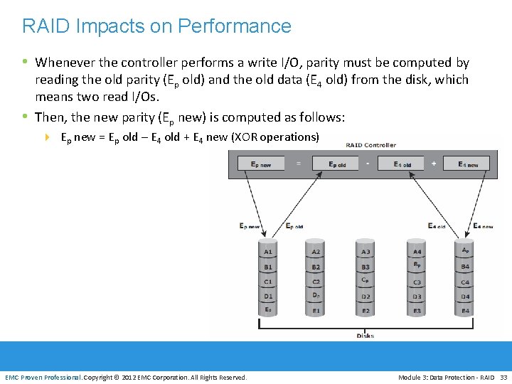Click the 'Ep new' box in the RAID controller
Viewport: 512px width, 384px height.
(261, 164)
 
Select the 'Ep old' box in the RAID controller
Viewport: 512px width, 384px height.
(338, 164)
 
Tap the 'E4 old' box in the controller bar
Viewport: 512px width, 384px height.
(402, 164)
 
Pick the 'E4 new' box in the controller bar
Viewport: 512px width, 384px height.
(468, 164)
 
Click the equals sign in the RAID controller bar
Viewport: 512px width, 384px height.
(299, 164)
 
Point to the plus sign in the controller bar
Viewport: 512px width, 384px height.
(434, 164)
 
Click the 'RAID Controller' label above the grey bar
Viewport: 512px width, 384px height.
(370, 145)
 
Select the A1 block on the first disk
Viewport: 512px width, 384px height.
(268, 252)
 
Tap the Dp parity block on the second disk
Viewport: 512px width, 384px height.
(316, 295)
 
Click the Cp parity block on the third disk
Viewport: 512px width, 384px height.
(365, 279)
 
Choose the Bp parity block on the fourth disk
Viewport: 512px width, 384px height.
(417, 265)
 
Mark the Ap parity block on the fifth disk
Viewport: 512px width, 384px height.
(465, 250)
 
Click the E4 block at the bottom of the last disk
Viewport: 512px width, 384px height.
(465, 311)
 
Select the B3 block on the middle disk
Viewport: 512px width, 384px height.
(366, 267)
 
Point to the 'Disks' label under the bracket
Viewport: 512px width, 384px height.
(366, 336)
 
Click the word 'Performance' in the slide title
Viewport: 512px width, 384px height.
(235, 26)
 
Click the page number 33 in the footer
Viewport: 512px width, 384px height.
(503, 377)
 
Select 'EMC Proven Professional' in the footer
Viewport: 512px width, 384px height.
(43, 377)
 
